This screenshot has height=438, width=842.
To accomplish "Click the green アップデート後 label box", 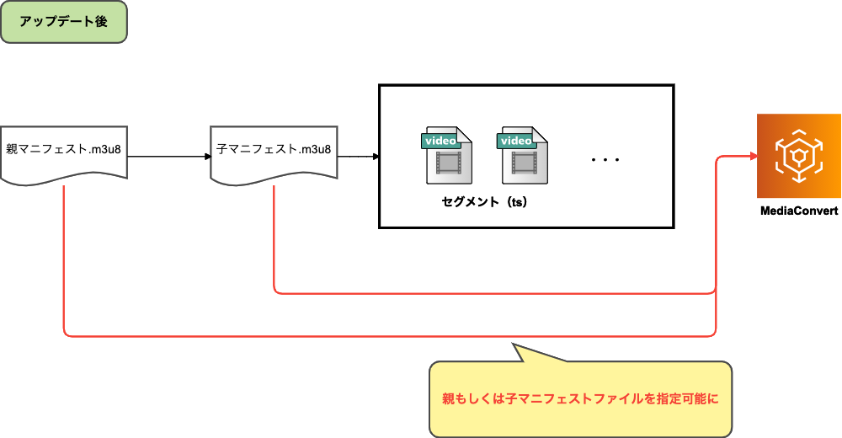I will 63,22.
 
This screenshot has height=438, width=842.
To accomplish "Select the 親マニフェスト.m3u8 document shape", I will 63,152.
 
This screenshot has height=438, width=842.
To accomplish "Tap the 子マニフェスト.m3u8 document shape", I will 274,152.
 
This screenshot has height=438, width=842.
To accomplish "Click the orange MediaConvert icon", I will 798,156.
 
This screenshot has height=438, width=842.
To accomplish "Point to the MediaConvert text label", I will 798,212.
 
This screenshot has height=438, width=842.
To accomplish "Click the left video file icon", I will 447,157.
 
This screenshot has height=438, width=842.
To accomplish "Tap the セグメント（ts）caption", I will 484,202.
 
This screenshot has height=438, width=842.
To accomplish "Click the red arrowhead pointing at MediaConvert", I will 751,157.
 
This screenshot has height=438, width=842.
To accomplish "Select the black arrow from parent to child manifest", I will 168,157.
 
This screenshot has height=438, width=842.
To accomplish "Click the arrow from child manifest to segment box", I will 358,157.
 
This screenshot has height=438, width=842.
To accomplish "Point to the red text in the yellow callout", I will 580,398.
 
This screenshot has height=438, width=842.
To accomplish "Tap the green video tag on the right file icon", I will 516,141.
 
